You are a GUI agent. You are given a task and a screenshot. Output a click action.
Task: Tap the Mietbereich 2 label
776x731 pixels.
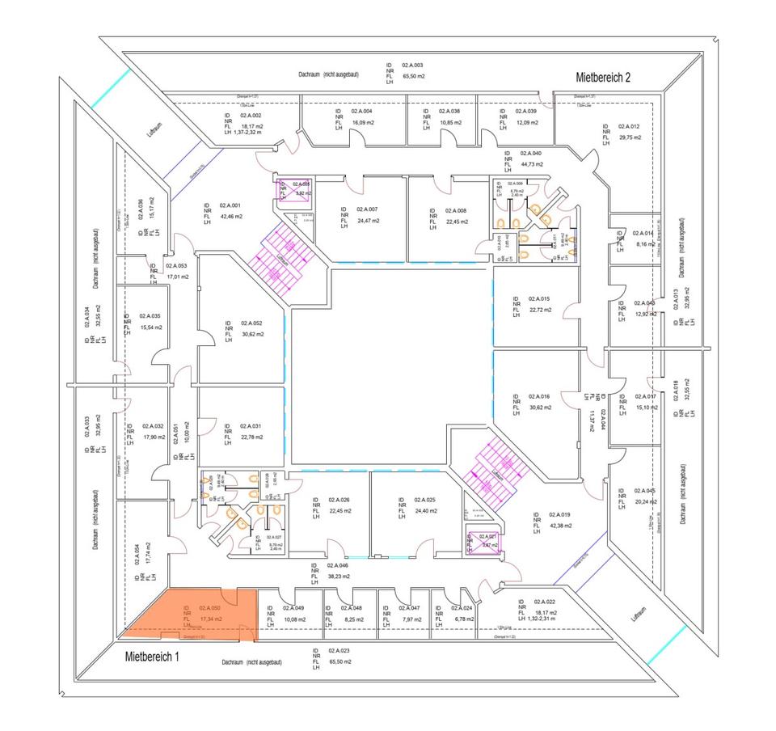click(x=602, y=78)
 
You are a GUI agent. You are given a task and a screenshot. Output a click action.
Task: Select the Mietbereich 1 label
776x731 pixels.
click(x=151, y=657)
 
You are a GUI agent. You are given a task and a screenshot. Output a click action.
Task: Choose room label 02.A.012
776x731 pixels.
click(x=629, y=127)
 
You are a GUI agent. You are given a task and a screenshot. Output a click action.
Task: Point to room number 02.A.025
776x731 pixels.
click(x=424, y=500)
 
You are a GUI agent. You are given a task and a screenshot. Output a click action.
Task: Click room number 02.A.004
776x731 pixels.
click(x=361, y=111)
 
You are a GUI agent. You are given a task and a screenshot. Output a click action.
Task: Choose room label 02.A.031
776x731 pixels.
click(x=251, y=426)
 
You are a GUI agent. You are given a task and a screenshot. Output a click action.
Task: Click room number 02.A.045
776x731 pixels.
click(x=644, y=491)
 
